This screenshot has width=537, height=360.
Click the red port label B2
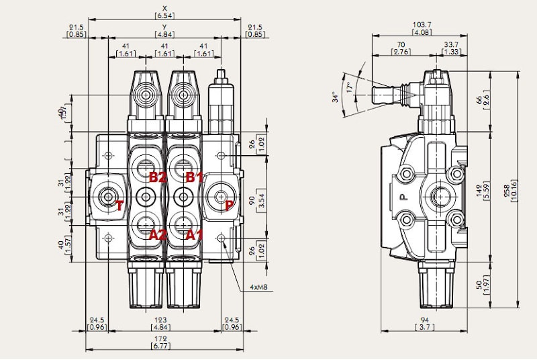point(157,177)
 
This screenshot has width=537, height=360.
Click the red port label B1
point(194,177)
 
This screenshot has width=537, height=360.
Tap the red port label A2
point(157,234)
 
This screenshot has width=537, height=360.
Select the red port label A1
point(194,234)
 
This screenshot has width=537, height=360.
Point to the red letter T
point(119,206)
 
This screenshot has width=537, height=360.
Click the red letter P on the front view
point(229,206)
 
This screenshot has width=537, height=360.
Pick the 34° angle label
point(336,97)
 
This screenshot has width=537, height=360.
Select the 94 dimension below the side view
point(425,320)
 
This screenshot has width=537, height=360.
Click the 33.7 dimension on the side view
point(452,46)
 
